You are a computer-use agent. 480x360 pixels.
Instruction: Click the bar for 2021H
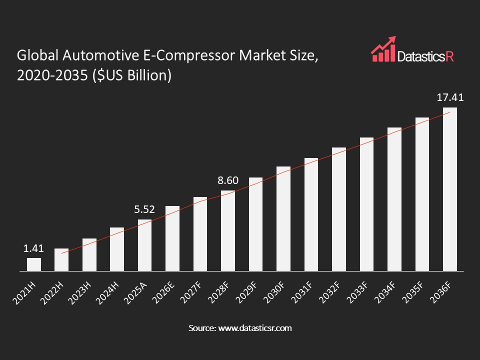coord(34,264)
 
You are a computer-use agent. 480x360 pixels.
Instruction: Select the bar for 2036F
coord(450,189)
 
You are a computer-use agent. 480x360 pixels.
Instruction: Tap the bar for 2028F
coord(228,231)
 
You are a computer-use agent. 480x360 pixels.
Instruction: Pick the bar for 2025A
coord(144,245)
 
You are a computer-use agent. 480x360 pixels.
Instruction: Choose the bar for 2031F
coord(311,214)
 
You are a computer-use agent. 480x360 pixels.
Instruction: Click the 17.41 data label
coord(450,97)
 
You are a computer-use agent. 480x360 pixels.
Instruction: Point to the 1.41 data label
coord(34,248)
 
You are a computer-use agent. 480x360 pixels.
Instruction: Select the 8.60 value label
coord(228,180)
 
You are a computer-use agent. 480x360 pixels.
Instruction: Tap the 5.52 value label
coord(144,209)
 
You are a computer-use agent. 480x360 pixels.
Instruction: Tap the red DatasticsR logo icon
coord(382,49)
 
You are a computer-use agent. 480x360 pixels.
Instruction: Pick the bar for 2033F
coord(366,204)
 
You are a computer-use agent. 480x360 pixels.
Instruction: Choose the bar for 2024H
coord(117,249)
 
